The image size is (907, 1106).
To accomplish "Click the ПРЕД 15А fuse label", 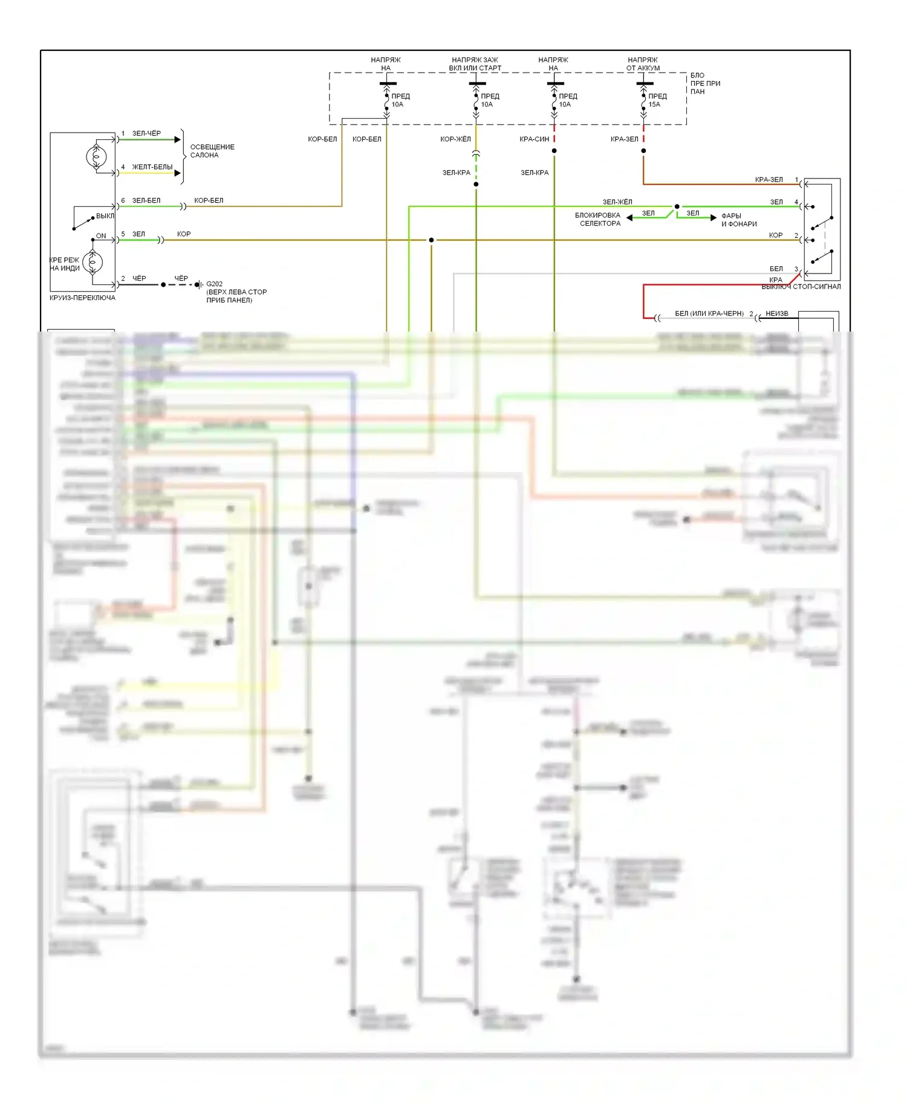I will (x=657, y=100).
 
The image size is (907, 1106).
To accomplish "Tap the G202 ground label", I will (x=214, y=284).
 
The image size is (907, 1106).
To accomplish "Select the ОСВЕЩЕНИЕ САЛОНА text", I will (x=212, y=151).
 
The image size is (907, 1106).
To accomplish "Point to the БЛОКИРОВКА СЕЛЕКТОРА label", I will (x=598, y=220).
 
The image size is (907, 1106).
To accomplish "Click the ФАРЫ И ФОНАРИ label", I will (x=738, y=220).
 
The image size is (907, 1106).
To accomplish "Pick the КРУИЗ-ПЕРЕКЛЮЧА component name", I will (x=82, y=298).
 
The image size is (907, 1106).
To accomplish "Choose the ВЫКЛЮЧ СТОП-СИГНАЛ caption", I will (x=801, y=287).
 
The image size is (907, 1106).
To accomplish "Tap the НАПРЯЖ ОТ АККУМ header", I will (x=643, y=64).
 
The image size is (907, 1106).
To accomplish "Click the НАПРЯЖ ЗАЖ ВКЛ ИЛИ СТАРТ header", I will (x=475, y=64).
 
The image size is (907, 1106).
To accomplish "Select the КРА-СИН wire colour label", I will (x=534, y=139).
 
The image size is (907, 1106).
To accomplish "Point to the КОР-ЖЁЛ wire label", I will (x=455, y=139).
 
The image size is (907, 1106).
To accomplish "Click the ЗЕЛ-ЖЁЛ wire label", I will (x=617, y=202).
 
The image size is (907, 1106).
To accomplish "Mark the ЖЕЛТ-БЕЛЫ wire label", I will (x=152, y=167).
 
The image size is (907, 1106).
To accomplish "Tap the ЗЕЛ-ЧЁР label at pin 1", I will (x=146, y=134).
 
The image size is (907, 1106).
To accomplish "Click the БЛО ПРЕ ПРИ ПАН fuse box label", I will (x=704, y=83).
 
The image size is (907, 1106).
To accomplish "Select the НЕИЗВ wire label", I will (x=776, y=313).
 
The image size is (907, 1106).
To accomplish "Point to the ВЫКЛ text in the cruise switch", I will (x=105, y=216).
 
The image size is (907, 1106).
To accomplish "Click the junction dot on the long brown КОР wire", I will (x=431, y=240).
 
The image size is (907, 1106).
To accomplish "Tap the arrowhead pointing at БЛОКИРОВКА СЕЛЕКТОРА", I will (x=629, y=218).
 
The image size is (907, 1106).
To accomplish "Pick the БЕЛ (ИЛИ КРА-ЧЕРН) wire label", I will (x=709, y=313).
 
